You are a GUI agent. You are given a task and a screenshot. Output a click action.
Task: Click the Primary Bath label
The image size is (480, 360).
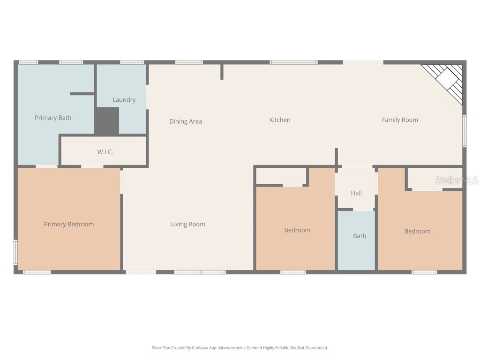pos(53,118)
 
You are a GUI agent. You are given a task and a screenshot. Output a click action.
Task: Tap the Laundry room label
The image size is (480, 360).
pos(124,100)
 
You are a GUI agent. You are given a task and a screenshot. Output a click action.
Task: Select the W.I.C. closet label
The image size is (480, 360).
pos(105,152)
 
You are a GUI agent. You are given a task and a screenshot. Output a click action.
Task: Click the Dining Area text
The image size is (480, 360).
pos(186,121)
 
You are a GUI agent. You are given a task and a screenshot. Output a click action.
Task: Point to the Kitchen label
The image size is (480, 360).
pos(280,120)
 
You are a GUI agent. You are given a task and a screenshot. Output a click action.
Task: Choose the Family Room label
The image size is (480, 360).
pos(400,120)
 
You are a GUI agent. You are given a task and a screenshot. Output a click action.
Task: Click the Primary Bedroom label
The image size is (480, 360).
pos(69,224)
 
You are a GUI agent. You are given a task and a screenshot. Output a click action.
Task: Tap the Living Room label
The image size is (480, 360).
pos(188,224)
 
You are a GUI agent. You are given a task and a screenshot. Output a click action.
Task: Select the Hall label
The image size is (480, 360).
pos(356,193)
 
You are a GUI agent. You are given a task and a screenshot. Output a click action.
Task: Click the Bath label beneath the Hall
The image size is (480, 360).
pos(360,236)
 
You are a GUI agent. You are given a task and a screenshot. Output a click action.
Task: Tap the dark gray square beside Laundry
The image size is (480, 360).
pos(107,121)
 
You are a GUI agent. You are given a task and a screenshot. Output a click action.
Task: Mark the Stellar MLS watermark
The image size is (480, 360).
pos(457,180)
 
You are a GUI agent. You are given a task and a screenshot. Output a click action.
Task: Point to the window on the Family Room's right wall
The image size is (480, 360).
pos(465,131)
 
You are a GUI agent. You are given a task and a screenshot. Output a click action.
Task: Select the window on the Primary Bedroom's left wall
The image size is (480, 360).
pos(15,252)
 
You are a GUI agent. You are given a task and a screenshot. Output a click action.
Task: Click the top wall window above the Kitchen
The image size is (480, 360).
pos(293,62)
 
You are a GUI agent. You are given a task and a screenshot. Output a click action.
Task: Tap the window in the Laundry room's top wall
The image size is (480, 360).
pos(132,62)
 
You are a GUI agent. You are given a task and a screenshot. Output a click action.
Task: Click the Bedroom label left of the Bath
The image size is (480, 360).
pos(297,230)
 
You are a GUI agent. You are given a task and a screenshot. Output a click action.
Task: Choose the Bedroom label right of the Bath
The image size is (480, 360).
pos(417,231)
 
